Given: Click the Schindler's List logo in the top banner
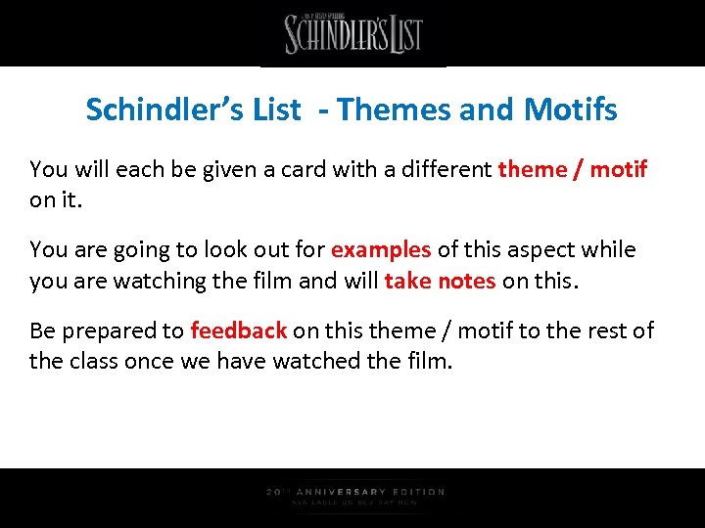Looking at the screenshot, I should point(353,34).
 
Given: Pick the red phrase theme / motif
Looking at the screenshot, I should point(573,169).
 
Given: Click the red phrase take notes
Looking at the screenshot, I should point(440,282).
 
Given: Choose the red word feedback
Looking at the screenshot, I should point(238,330).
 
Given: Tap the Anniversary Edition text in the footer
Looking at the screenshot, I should point(355,492).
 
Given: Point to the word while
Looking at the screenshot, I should point(608,250).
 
